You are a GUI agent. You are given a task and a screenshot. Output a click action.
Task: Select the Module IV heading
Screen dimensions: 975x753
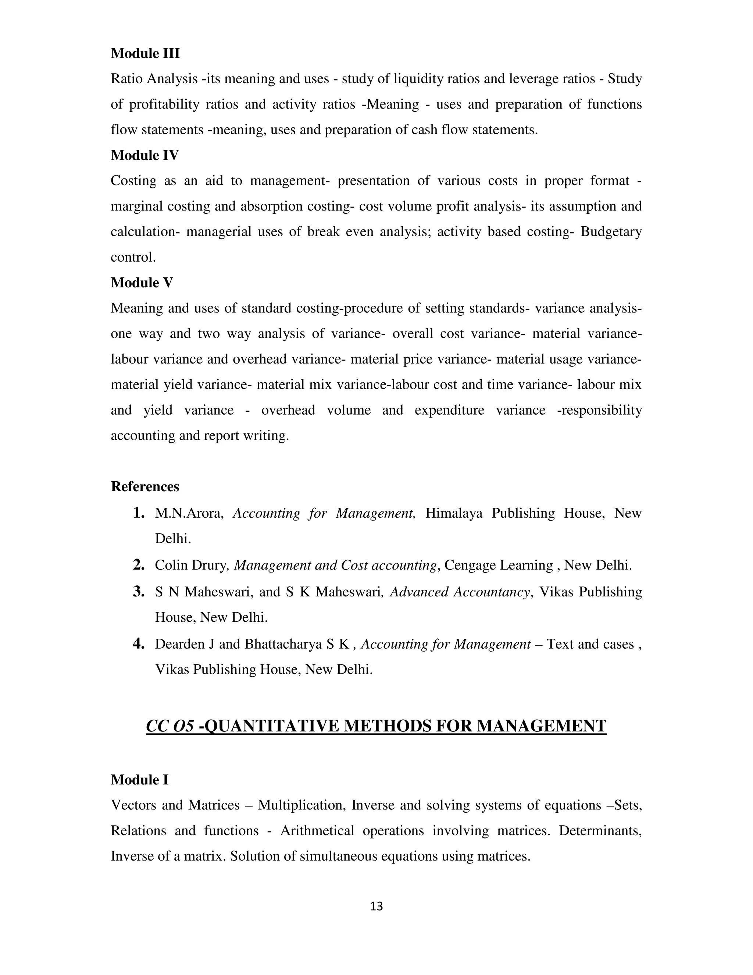[144, 155]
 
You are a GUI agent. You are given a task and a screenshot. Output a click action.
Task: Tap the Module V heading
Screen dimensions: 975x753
[142, 283]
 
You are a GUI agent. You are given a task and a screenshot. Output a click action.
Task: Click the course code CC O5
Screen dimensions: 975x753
[170, 726]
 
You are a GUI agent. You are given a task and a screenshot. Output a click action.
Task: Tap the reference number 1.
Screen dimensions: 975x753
[139, 513]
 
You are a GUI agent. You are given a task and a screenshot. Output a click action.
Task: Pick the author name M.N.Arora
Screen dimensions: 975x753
[189, 513]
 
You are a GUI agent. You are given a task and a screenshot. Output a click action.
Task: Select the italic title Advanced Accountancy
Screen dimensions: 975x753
[460, 592]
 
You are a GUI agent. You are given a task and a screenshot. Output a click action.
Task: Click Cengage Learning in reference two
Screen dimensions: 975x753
[499, 565]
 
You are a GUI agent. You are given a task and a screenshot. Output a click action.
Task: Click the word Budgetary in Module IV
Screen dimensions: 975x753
[611, 232]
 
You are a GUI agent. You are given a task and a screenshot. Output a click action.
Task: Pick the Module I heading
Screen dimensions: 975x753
[139, 780]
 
